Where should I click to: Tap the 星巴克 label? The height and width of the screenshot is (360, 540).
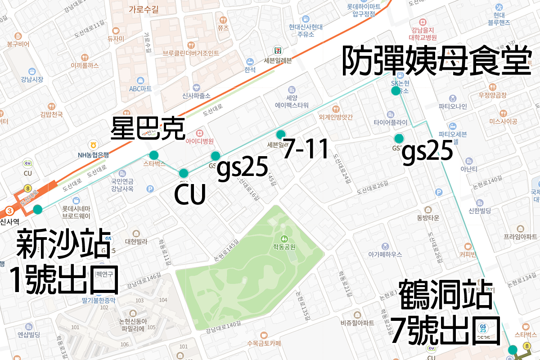click(148, 128)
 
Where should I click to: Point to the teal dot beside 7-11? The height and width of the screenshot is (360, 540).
click(281, 134)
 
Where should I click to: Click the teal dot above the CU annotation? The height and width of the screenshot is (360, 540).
click(184, 173)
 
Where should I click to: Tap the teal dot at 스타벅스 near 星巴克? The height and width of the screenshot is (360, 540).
click(154, 155)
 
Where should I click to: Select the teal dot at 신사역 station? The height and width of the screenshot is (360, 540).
click(37, 209)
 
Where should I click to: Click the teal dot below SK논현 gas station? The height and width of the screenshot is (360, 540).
click(396, 91)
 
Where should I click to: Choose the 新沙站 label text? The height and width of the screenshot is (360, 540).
click(63, 243)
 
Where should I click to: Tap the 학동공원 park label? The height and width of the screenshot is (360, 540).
click(284, 247)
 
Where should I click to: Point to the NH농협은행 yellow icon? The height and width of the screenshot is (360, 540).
click(94, 144)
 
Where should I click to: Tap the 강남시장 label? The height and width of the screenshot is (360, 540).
click(32, 80)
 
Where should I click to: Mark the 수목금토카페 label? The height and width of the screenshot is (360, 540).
click(264, 344)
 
